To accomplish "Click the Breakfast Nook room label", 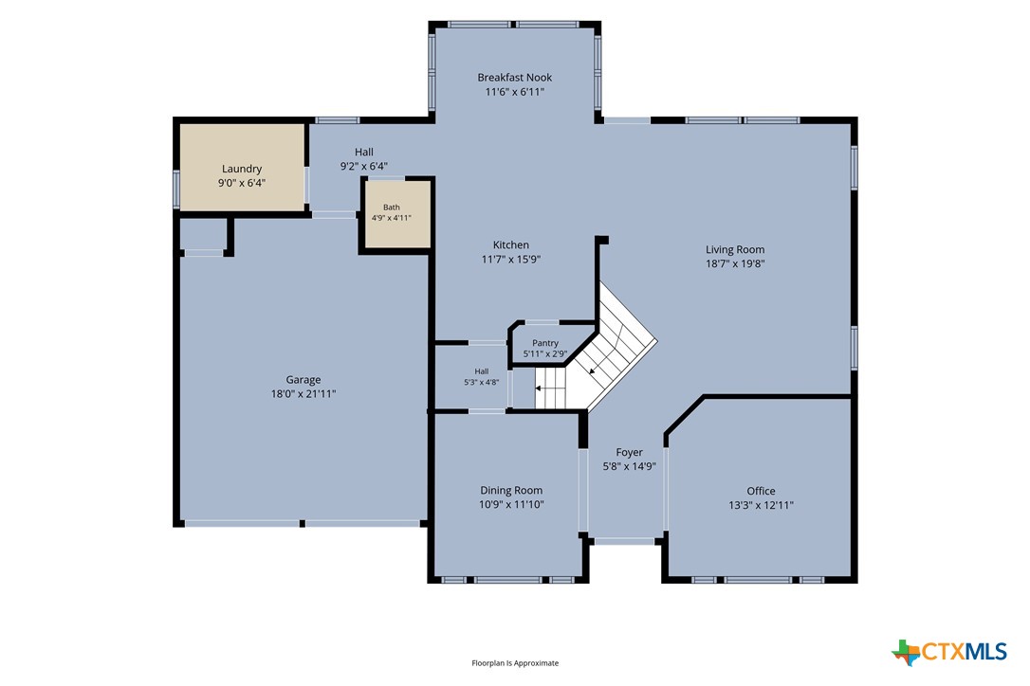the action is pos(514,78).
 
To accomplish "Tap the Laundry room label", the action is pos(242,169).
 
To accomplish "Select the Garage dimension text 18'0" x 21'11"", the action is pos(303,394).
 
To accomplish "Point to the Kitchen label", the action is pos(511,244).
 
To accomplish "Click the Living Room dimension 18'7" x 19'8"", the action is pos(735,264).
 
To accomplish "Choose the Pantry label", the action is pos(545,343).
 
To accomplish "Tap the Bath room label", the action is pos(392,208).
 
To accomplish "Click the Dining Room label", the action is pos(511,491).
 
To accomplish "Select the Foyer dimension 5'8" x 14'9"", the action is pos(630,467).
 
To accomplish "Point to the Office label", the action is pos(761,491).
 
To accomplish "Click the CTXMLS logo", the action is pos(949,652).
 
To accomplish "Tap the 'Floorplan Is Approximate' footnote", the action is pos(515,663).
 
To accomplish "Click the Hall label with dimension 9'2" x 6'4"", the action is pos(364,152).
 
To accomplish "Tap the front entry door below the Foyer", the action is pos(625,541).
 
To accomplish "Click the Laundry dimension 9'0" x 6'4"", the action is pos(242,183).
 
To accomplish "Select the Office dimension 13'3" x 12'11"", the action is pos(761,505).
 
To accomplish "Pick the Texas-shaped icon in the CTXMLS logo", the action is pos(906,652).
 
